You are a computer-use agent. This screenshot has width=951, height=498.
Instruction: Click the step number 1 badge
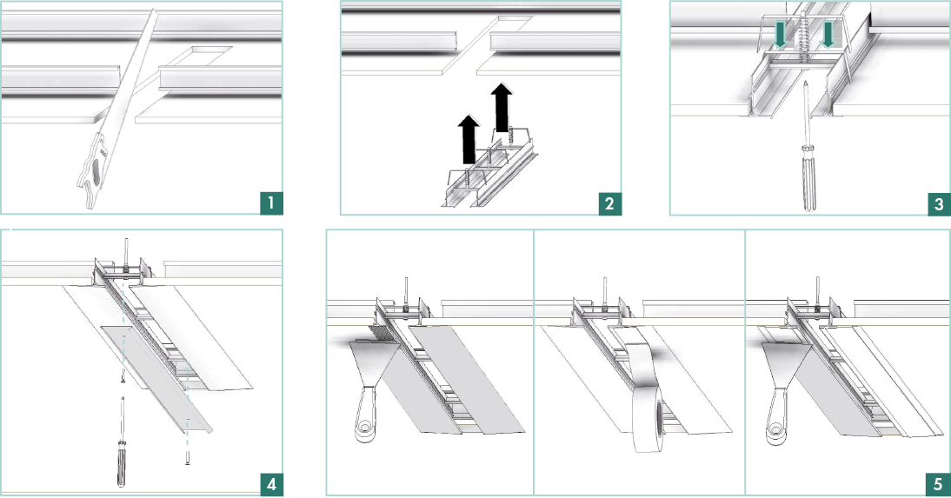271,203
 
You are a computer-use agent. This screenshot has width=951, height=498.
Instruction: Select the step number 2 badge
609,204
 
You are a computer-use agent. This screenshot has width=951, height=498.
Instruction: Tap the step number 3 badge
939,204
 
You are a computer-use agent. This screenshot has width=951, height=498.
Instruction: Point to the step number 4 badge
271,485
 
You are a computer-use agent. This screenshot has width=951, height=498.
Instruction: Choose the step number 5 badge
939,485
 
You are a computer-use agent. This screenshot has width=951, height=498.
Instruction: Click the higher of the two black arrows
502,108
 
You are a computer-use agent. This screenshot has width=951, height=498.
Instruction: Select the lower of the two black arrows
469,140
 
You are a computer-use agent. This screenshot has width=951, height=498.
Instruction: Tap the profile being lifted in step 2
489,173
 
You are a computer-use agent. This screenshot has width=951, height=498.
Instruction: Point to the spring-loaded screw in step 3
806,37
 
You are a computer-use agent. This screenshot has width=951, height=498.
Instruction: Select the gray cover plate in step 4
156,379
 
